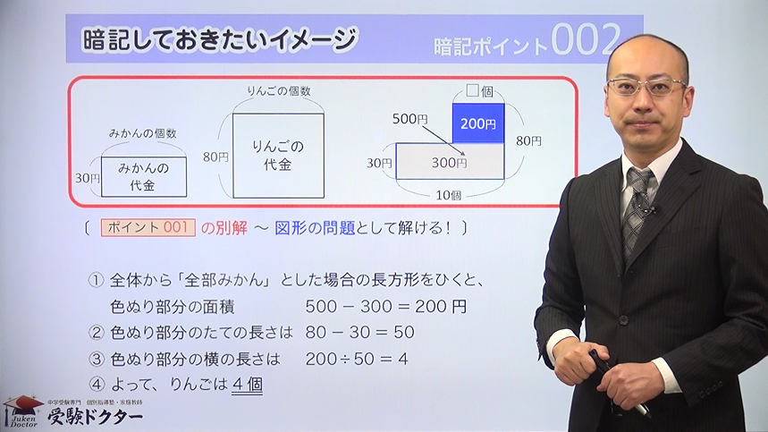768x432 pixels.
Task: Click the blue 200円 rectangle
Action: (x=478, y=123)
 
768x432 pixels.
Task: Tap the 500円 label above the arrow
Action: (x=410, y=119)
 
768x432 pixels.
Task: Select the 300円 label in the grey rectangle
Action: (x=449, y=163)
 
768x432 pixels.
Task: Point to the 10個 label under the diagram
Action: (x=449, y=195)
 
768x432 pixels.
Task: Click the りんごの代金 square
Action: (x=278, y=156)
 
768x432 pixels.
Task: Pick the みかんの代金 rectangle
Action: (x=144, y=177)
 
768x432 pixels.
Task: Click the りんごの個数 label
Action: (x=279, y=91)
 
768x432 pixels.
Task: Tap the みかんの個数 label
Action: (x=142, y=133)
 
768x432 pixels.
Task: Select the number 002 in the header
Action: (x=586, y=39)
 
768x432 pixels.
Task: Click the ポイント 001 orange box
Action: (x=148, y=228)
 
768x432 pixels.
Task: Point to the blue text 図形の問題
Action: (x=315, y=228)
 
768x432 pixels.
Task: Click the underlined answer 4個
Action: (x=248, y=385)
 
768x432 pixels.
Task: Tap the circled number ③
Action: (x=97, y=359)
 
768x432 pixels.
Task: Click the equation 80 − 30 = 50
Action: (x=360, y=333)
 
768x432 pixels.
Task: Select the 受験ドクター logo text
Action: (x=95, y=417)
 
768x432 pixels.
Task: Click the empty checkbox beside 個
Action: (x=472, y=90)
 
